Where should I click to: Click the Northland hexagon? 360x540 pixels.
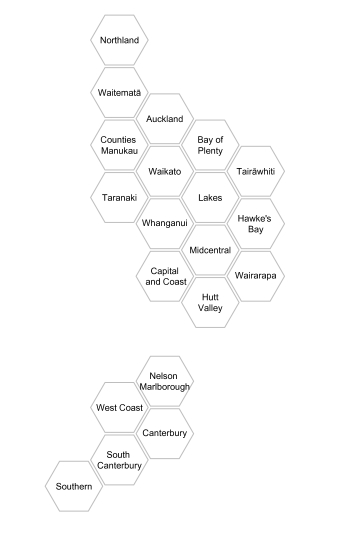point(119,41)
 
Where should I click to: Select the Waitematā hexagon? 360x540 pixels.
point(119,93)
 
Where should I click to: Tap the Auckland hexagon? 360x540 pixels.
point(165,119)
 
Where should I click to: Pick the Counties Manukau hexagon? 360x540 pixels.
point(119,145)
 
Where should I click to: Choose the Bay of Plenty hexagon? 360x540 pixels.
point(211,145)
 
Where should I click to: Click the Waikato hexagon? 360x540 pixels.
point(165,171)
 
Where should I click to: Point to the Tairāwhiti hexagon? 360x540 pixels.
point(257,171)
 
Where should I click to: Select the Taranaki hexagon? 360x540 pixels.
point(119,197)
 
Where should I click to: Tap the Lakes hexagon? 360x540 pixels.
point(211,197)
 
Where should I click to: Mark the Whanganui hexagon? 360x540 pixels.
point(165,223)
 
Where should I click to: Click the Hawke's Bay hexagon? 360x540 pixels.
point(257,223)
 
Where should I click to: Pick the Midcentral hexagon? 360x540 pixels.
point(211,249)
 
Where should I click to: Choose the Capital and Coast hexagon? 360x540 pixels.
point(165,276)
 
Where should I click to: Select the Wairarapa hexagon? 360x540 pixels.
point(257,275)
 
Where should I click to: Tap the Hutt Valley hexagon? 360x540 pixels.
point(211,302)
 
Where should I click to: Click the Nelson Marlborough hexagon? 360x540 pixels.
point(165,382)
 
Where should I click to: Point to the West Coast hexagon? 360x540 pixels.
point(119,408)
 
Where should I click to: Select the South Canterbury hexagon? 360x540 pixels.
point(119,460)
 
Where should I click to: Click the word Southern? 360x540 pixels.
point(74,486)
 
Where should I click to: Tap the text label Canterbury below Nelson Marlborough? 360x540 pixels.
point(165,434)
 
